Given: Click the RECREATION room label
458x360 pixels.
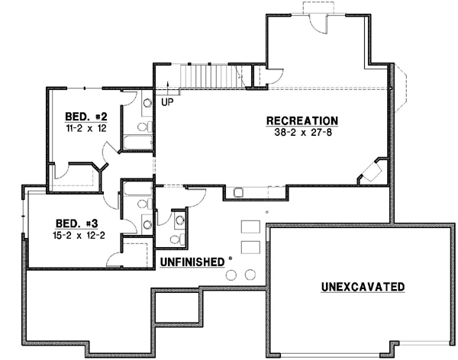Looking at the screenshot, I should (x=302, y=121).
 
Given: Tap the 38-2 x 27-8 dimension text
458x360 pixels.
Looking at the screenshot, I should (x=302, y=132).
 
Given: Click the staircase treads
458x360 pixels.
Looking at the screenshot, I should (x=204, y=76).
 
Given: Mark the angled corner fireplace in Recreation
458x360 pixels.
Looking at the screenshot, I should (x=372, y=172).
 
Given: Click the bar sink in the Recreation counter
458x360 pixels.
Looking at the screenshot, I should (x=239, y=191).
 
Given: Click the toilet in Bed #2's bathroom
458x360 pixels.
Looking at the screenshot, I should (x=144, y=107).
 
